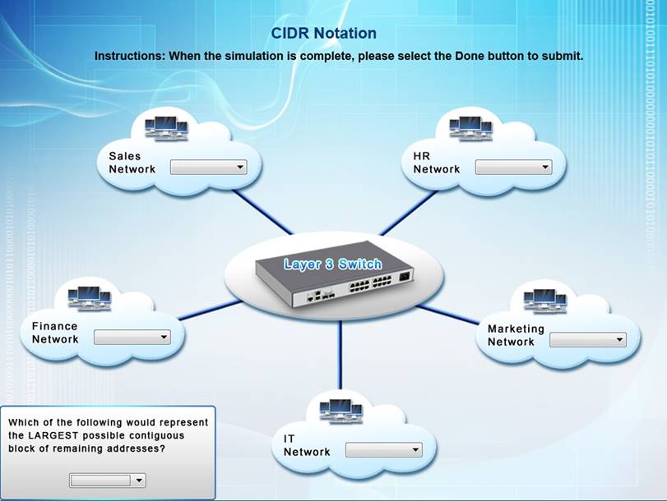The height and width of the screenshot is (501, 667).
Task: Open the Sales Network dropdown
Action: pyautogui.click(x=208, y=167)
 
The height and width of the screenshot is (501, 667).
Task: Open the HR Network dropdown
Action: pyautogui.click(x=513, y=167)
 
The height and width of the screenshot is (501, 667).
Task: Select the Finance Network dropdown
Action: pyautogui.click(x=132, y=337)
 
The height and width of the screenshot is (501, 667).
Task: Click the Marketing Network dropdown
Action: pyautogui.click(x=587, y=339)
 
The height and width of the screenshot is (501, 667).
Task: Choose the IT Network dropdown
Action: pyautogui.click(x=383, y=449)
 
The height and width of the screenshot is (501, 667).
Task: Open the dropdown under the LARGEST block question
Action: pyautogui.click(x=108, y=480)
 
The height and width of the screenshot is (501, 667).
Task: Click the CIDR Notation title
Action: pyautogui.click(x=323, y=34)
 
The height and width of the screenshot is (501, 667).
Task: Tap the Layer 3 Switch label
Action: pyautogui.click(x=332, y=264)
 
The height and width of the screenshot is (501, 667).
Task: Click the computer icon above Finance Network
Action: pyautogui.click(x=88, y=297)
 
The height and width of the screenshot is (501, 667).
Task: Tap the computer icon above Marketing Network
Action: pyautogui.click(x=544, y=300)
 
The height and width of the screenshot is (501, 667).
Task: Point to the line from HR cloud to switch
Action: pyautogui.click(x=408, y=212)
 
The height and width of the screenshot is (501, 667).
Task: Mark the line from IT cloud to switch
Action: pyautogui.click(x=339, y=353)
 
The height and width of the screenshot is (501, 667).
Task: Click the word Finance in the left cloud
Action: pyautogui.click(x=54, y=326)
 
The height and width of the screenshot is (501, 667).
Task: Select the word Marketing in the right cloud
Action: pyautogui.click(x=516, y=329)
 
